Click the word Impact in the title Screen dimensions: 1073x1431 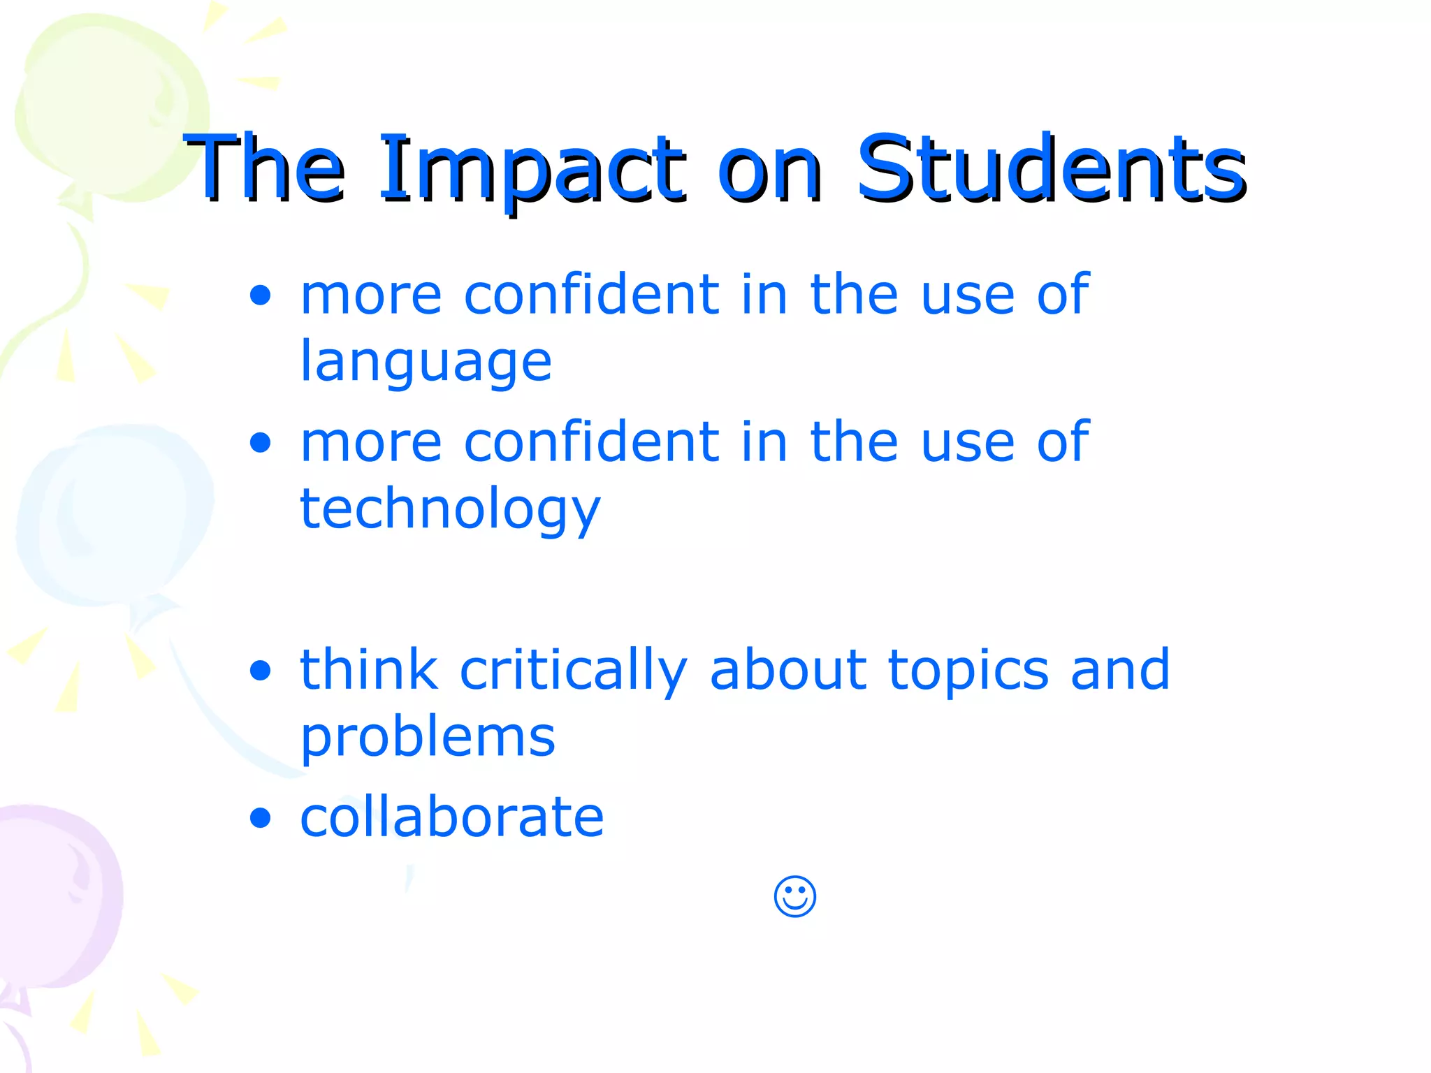(x=531, y=169)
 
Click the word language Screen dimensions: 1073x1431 (x=426, y=362)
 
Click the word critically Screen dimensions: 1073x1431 (x=573, y=671)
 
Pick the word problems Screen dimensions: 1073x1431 (x=428, y=737)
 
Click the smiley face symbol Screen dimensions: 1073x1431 (x=795, y=896)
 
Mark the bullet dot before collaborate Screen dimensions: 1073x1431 (x=260, y=817)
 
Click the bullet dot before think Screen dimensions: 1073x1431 (x=260, y=671)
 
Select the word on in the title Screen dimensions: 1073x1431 (x=770, y=169)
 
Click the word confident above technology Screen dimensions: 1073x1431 (x=591, y=441)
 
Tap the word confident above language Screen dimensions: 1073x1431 (x=591, y=295)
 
